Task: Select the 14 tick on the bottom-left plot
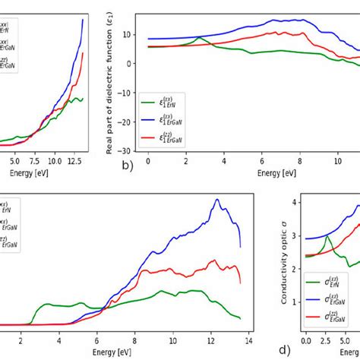248,339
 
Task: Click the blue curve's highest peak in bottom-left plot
217,200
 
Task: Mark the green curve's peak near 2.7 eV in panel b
199,37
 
